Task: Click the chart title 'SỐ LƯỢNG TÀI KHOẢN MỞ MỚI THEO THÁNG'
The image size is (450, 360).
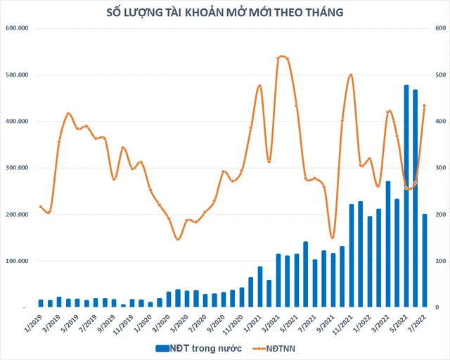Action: click(225, 11)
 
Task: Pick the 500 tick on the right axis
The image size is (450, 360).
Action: click(441, 75)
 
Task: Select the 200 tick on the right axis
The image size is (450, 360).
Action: click(441, 214)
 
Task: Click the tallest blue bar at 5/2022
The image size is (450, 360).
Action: click(406, 197)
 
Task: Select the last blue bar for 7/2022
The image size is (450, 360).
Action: click(424, 260)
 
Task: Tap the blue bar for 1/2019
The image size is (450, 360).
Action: click(41, 304)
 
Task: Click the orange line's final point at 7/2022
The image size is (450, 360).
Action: click(424, 105)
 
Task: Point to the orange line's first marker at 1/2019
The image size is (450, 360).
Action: click(41, 207)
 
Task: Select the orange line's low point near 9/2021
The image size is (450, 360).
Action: click(333, 237)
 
